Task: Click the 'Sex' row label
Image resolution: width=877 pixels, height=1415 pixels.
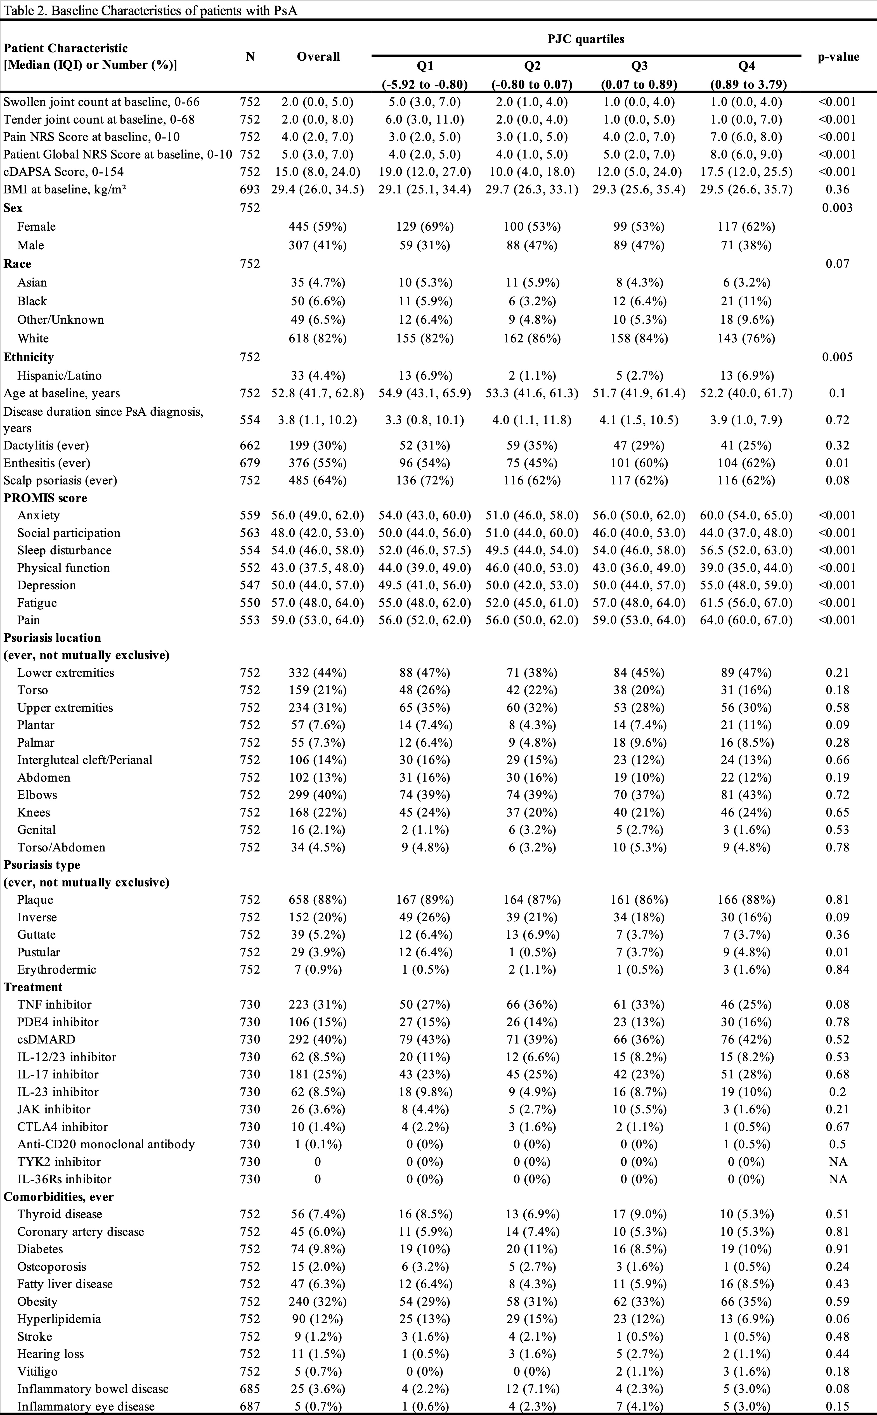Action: point(13,208)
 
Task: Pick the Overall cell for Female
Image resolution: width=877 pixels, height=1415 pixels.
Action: point(318,226)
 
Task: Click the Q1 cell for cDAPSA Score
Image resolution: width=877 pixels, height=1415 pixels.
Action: point(425,172)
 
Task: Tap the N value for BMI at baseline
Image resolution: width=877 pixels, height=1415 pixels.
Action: point(250,189)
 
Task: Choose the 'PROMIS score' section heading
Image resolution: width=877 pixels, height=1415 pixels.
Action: point(45,498)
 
